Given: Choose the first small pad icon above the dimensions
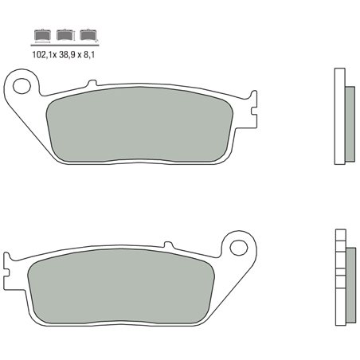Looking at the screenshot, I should click(x=39, y=35).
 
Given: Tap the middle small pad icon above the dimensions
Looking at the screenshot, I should click(x=64, y=35).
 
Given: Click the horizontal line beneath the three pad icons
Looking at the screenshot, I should click(x=64, y=42).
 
